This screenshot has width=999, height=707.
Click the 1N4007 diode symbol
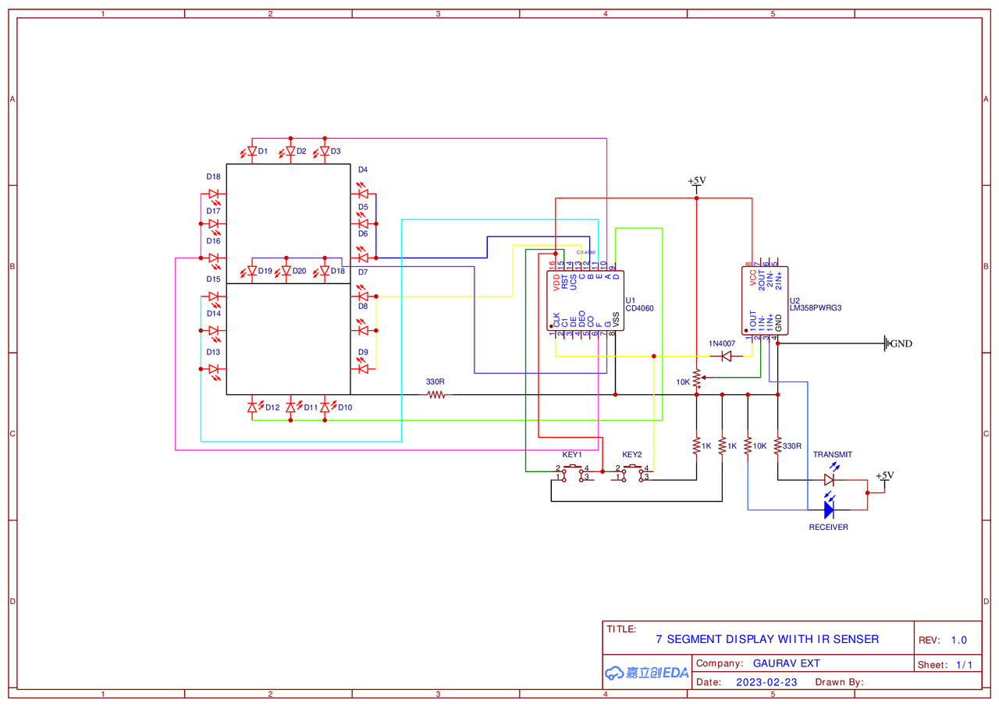(727, 356)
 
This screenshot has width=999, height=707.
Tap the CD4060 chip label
(640, 308)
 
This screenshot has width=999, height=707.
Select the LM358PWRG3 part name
(816, 308)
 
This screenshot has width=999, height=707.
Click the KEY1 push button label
(572, 454)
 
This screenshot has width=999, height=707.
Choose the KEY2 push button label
(632, 454)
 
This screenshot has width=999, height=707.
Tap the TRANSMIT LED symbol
(829, 480)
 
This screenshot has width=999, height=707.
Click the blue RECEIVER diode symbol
(829, 510)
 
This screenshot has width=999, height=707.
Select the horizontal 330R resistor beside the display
(436, 395)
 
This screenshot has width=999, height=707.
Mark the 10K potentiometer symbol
(696, 379)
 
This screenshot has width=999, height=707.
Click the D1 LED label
(263, 151)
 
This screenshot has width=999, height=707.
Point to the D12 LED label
(272, 407)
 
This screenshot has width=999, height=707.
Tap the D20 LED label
(300, 271)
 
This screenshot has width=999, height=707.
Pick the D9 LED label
(363, 352)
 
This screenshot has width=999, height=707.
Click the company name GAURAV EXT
(786, 663)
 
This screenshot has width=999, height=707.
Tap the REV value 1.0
(958, 640)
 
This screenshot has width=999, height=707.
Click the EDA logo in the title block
(647, 673)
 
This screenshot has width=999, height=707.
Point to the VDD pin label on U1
(556, 280)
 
